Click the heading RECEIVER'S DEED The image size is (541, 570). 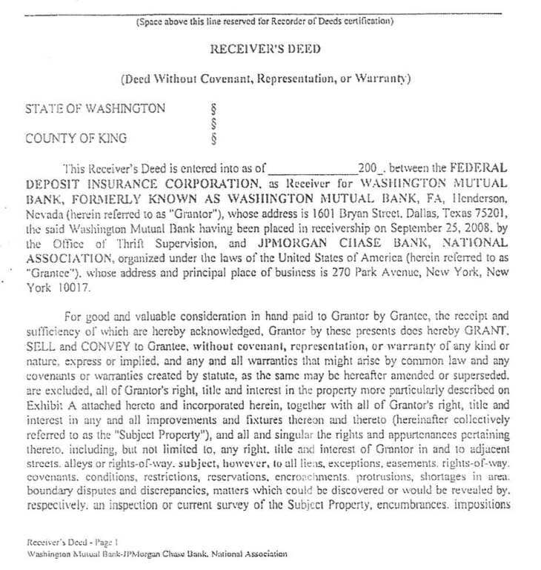point(270,50)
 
